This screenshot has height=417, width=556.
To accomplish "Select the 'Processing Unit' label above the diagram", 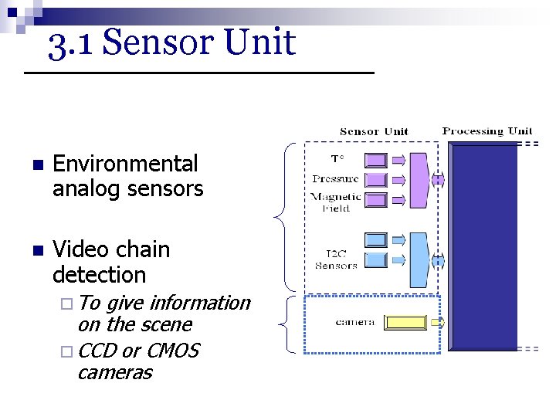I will point(487,131).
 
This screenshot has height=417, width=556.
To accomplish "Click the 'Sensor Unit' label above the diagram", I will point(374,131).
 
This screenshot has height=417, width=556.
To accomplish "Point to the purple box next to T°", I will point(375,161).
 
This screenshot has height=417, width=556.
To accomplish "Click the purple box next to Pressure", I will point(375,180).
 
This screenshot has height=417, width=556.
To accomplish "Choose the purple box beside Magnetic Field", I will point(375,200).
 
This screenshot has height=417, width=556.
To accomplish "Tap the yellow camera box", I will point(405,322).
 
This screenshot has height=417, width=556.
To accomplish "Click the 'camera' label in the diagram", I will point(354,322).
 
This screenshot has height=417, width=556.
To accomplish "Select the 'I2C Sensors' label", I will point(337,259).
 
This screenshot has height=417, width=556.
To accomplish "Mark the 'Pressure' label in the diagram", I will point(335,179).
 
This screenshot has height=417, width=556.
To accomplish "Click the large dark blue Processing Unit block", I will point(483,247).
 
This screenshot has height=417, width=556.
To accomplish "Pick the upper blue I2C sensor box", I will point(375,239).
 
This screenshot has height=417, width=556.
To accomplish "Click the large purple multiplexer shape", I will point(419,181).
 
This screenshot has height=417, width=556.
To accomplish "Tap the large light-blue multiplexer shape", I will point(419,258).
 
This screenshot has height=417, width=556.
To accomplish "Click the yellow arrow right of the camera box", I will point(437,322).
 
